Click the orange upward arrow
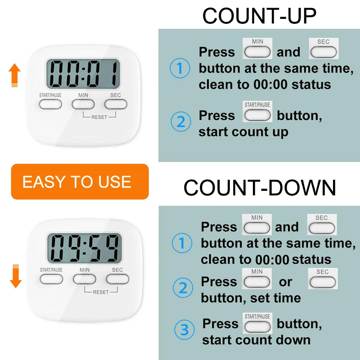(x=14, y=75)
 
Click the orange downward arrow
(x=16, y=276)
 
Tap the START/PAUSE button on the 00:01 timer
(x=50, y=104)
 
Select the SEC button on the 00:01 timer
(x=116, y=104)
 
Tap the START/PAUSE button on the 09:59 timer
(x=51, y=279)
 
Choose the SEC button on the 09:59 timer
(x=117, y=279)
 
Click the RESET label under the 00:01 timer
(x=99, y=117)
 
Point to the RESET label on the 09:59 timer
(x=101, y=292)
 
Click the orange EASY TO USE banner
(x=80, y=182)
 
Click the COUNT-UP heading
(x=260, y=16)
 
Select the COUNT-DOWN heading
(x=260, y=188)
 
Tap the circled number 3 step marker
(x=184, y=330)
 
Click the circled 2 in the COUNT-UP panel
(x=181, y=121)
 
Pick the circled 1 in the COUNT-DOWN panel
(x=182, y=243)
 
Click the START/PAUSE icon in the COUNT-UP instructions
(x=257, y=111)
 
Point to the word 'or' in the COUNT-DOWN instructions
(x=285, y=282)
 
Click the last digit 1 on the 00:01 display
(x=114, y=73)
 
